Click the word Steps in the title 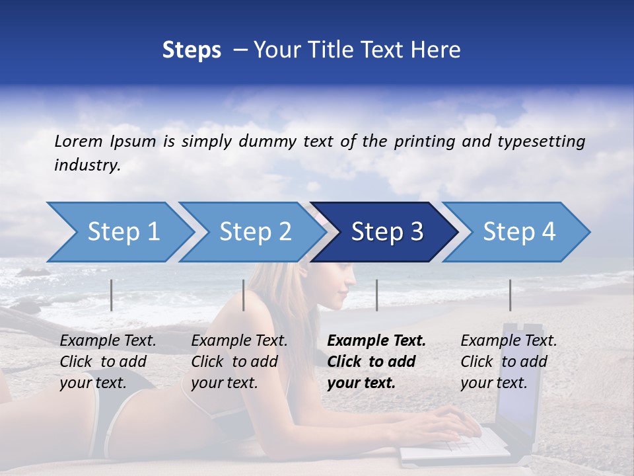click(x=192, y=50)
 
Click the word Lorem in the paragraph click(x=79, y=141)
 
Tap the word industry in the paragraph click(x=87, y=165)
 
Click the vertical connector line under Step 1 click(x=112, y=295)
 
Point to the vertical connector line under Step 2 click(x=244, y=295)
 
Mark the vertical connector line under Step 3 click(x=377, y=295)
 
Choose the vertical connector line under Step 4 click(x=510, y=295)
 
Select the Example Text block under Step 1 click(x=108, y=362)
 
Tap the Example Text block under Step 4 click(x=509, y=362)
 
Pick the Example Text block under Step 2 click(x=239, y=362)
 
